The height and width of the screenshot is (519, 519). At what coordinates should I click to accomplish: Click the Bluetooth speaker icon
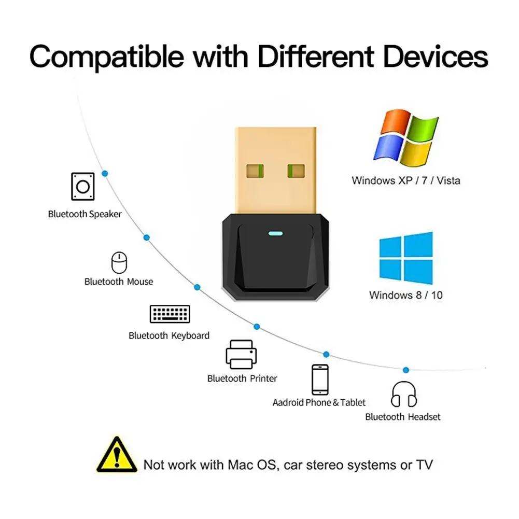pos(83,186)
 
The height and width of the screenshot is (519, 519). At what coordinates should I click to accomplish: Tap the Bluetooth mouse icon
pos(119,263)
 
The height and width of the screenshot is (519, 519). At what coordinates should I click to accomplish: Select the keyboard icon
pos(170,314)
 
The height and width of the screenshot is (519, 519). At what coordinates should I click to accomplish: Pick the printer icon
pos(241,355)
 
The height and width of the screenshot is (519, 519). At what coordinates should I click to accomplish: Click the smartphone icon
pos(319,380)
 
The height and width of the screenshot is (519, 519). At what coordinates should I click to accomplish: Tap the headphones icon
pos(404,395)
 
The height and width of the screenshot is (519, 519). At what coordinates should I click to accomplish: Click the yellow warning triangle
pos(117,454)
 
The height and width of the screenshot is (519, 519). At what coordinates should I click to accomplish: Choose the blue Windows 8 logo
pos(406,258)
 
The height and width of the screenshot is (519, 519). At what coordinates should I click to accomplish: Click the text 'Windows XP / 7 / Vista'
pos(406,181)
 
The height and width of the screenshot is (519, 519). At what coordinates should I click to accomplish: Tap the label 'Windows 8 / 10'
pos(406,295)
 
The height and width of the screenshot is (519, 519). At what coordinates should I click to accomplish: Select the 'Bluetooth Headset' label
pos(403,417)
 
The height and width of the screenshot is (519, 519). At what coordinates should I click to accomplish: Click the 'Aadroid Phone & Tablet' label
pos(319,402)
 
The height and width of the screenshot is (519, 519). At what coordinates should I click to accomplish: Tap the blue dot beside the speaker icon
pos(105,174)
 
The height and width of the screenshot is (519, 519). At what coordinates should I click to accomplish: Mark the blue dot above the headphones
pos(405,370)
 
